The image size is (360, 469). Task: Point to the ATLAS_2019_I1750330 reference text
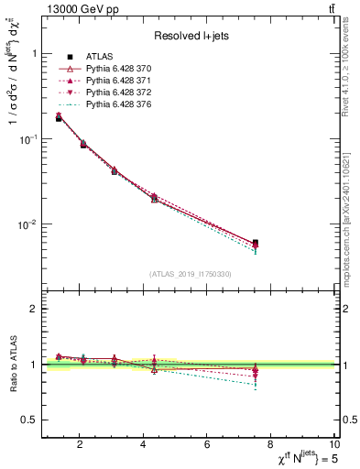pyautogui.click(x=189, y=274)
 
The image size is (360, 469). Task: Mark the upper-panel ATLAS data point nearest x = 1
pyautogui.click(x=59, y=118)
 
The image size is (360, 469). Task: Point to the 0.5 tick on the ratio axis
pyautogui.click(x=30, y=420)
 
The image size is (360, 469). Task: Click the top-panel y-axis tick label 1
pyautogui.click(x=34, y=53)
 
